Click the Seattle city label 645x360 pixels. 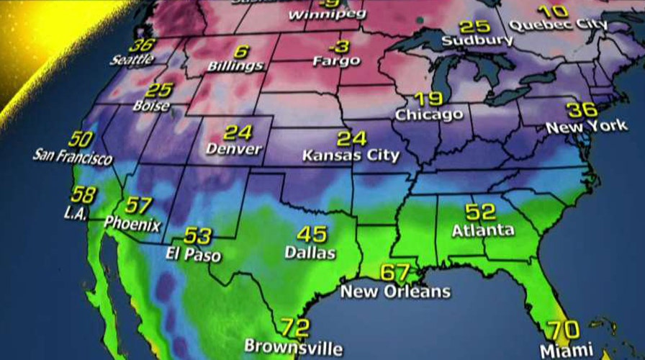(x=132, y=59)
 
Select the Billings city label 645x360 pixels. (x=235, y=66)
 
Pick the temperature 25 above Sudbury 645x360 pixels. (x=474, y=27)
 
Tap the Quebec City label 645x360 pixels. (x=557, y=25)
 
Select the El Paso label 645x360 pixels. (x=192, y=255)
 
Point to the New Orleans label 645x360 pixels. (x=395, y=292)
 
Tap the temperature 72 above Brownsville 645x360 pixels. (x=294, y=327)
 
